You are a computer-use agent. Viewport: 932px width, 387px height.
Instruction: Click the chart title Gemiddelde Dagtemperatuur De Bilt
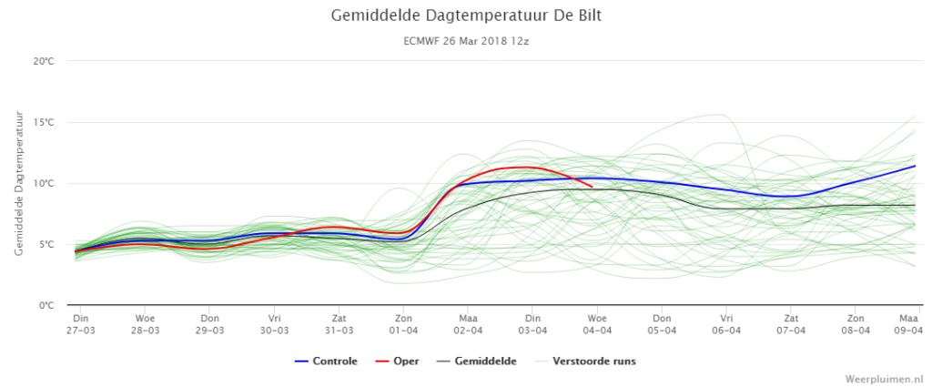[466, 15]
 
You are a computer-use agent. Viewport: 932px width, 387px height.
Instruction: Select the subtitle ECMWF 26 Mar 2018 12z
[466, 42]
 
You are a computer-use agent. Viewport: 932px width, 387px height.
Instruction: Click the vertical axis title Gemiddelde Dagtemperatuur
[19, 183]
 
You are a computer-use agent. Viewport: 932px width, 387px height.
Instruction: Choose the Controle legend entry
[326, 361]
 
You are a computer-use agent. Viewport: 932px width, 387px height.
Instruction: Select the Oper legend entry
[397, 361]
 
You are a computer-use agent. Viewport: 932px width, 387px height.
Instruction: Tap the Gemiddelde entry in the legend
[477, 361]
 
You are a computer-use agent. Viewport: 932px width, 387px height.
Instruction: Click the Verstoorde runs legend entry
[585, 361]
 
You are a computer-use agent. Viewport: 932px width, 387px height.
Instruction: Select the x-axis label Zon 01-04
[403, 323]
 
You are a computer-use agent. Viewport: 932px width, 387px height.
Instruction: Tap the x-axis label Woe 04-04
[597, 323]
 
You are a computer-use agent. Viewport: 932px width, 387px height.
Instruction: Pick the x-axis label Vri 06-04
[725, 323]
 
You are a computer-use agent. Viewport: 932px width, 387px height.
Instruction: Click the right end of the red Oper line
[592, 187]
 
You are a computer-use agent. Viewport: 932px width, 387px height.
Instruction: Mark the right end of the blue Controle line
[916, 166]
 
